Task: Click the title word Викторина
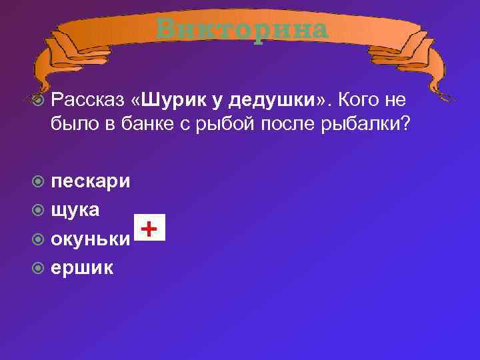243,29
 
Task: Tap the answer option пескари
91,181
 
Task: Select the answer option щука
75,210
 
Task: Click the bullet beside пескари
39,182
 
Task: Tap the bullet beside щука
39,211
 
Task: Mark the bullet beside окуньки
39,239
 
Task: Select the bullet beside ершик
39,268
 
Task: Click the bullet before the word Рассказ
39,100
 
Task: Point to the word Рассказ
87,99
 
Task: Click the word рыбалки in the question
362,125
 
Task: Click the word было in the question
71,125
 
